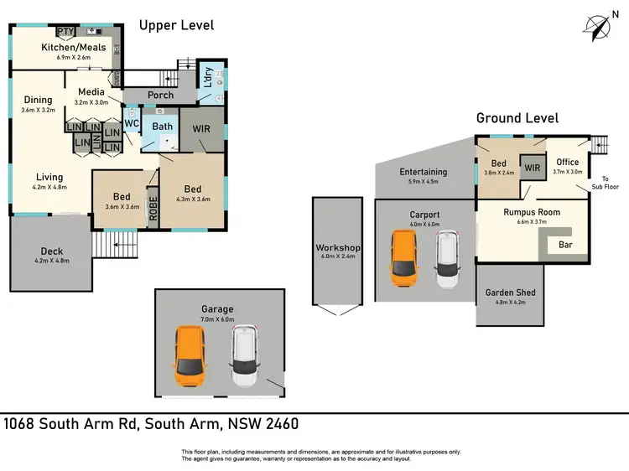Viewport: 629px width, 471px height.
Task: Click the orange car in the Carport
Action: pos(404,256)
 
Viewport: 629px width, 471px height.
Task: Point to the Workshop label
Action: pos(337,249)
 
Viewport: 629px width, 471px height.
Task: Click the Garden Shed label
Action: pos(510,292)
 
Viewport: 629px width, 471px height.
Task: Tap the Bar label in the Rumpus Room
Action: pos(565,246)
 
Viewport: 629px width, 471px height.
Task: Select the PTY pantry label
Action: pos(66,32)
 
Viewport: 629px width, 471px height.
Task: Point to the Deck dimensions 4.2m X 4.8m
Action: pos(52,261)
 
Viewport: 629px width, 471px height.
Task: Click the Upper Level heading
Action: pos(176,25)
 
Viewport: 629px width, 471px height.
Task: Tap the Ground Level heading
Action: pos(517,118)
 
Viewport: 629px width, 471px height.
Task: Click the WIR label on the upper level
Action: pos(201,130)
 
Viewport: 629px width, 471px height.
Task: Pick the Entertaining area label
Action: pos(423,172)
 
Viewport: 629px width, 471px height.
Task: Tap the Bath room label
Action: pos(162,127)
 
